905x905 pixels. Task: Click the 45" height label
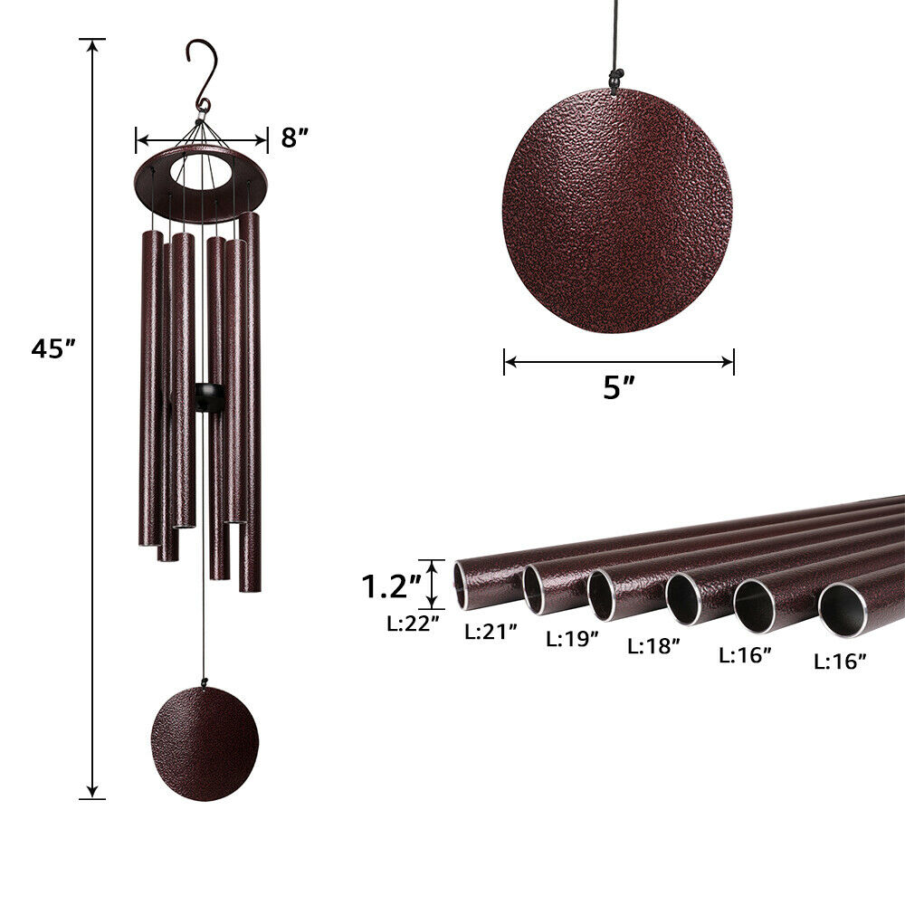52,348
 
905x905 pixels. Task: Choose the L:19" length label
572,638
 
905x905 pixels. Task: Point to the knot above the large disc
616,83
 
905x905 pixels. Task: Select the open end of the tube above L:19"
602,595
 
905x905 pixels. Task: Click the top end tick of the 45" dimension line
92,40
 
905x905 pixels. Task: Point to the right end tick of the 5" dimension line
733,362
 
